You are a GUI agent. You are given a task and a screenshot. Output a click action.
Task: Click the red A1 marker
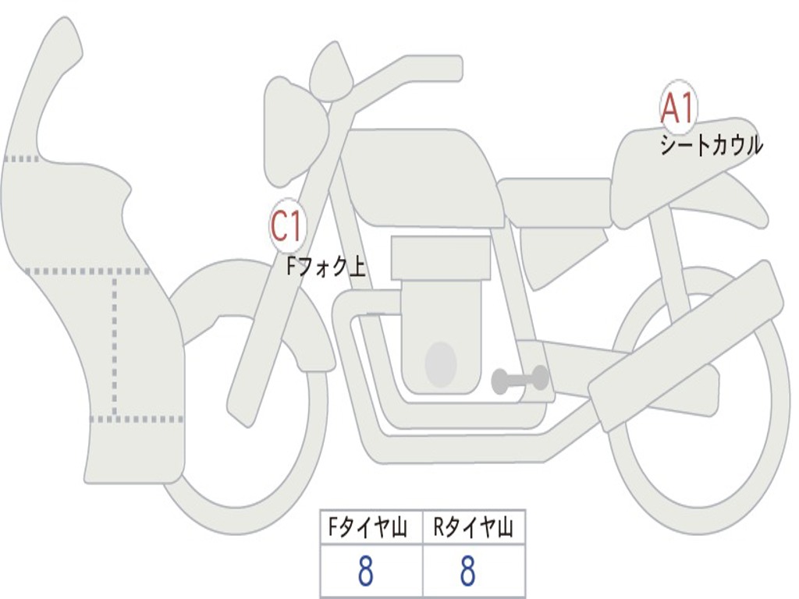[678, 108]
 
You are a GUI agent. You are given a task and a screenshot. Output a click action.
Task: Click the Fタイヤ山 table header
[371, 529]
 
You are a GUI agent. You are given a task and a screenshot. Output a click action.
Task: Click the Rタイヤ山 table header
[474, 529]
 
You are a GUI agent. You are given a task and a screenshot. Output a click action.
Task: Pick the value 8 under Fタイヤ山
[365, 572]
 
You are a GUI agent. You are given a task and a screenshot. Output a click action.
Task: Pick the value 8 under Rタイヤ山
[467, 572]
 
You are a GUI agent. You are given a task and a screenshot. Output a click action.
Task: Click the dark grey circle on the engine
[440, 363]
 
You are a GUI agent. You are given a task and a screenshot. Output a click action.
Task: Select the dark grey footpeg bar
[520, 380]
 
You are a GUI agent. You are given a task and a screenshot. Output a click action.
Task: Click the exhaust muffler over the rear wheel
[687, 347]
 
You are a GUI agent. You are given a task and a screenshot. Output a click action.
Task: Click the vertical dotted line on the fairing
[115, 343]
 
